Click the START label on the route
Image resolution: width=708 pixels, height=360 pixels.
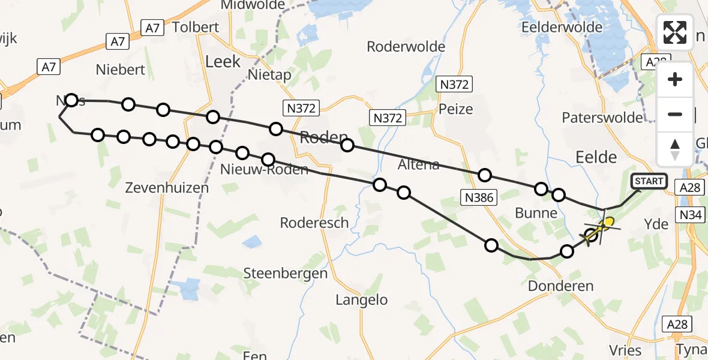point(649,181)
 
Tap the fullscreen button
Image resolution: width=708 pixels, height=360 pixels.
point(675,32)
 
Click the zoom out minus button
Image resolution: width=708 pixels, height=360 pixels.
point(675,114)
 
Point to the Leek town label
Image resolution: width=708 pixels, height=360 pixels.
point(223,61)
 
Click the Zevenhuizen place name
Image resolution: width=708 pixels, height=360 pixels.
point(167,188)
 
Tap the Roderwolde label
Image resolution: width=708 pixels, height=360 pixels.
point(406,47)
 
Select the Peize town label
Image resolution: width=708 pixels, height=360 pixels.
point(455,109)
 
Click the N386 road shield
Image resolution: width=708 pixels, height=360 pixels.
point(478,197)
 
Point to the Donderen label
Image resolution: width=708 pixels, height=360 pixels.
point(560,286)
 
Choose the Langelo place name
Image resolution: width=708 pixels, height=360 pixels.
point(362,300)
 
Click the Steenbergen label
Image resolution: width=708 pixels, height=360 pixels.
point(285,274)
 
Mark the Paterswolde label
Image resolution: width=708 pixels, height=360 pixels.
point(602,118)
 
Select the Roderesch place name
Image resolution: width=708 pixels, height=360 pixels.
point(314,223)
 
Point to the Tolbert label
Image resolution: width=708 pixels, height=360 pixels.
point(196,28)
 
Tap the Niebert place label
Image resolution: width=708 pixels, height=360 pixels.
point(121,70)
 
